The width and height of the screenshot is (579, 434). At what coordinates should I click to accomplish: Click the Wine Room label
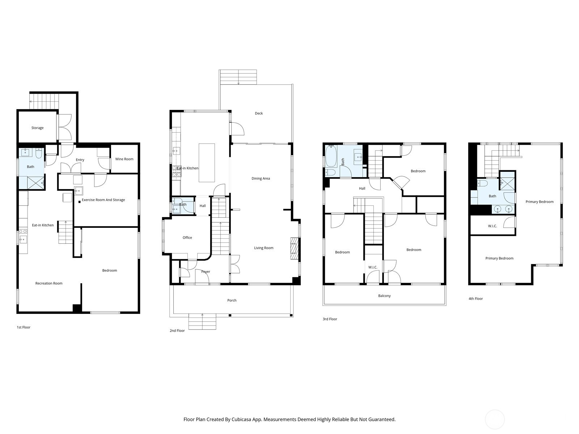click(x=124, y=159)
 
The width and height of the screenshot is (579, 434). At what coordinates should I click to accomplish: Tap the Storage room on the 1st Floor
click(x=37, y=128)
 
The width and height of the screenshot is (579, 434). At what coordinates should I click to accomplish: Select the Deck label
click(x=259, y=113)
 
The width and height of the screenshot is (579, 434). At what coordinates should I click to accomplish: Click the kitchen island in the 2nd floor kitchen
click(x=207, y=163)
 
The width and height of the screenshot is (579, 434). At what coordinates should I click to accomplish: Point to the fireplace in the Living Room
click(x=295, y=248)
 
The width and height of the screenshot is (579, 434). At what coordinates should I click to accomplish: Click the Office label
click(x=187, y=238)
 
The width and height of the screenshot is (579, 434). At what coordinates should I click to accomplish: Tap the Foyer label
click(x=206, y=272)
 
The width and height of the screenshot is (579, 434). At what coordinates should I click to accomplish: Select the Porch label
click(x=232, y=300)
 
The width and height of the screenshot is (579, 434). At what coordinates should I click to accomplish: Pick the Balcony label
click(x=384, y=296)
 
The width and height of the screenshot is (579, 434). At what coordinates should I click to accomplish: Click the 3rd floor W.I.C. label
click(x=373, y=267)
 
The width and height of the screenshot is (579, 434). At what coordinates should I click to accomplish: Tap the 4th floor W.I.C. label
click(x=492, y=226)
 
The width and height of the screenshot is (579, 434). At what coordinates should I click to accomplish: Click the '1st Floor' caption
click(x=24, y=327)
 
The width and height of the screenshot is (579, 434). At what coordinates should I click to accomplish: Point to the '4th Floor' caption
click(x=476, y=299)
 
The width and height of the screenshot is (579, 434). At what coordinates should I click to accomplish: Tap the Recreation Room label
click(x=49, y=283)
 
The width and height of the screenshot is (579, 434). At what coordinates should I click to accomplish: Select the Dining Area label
click(x=261, y=178)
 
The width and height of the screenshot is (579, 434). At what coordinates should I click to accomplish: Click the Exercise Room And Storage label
click(x=103, y=200)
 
